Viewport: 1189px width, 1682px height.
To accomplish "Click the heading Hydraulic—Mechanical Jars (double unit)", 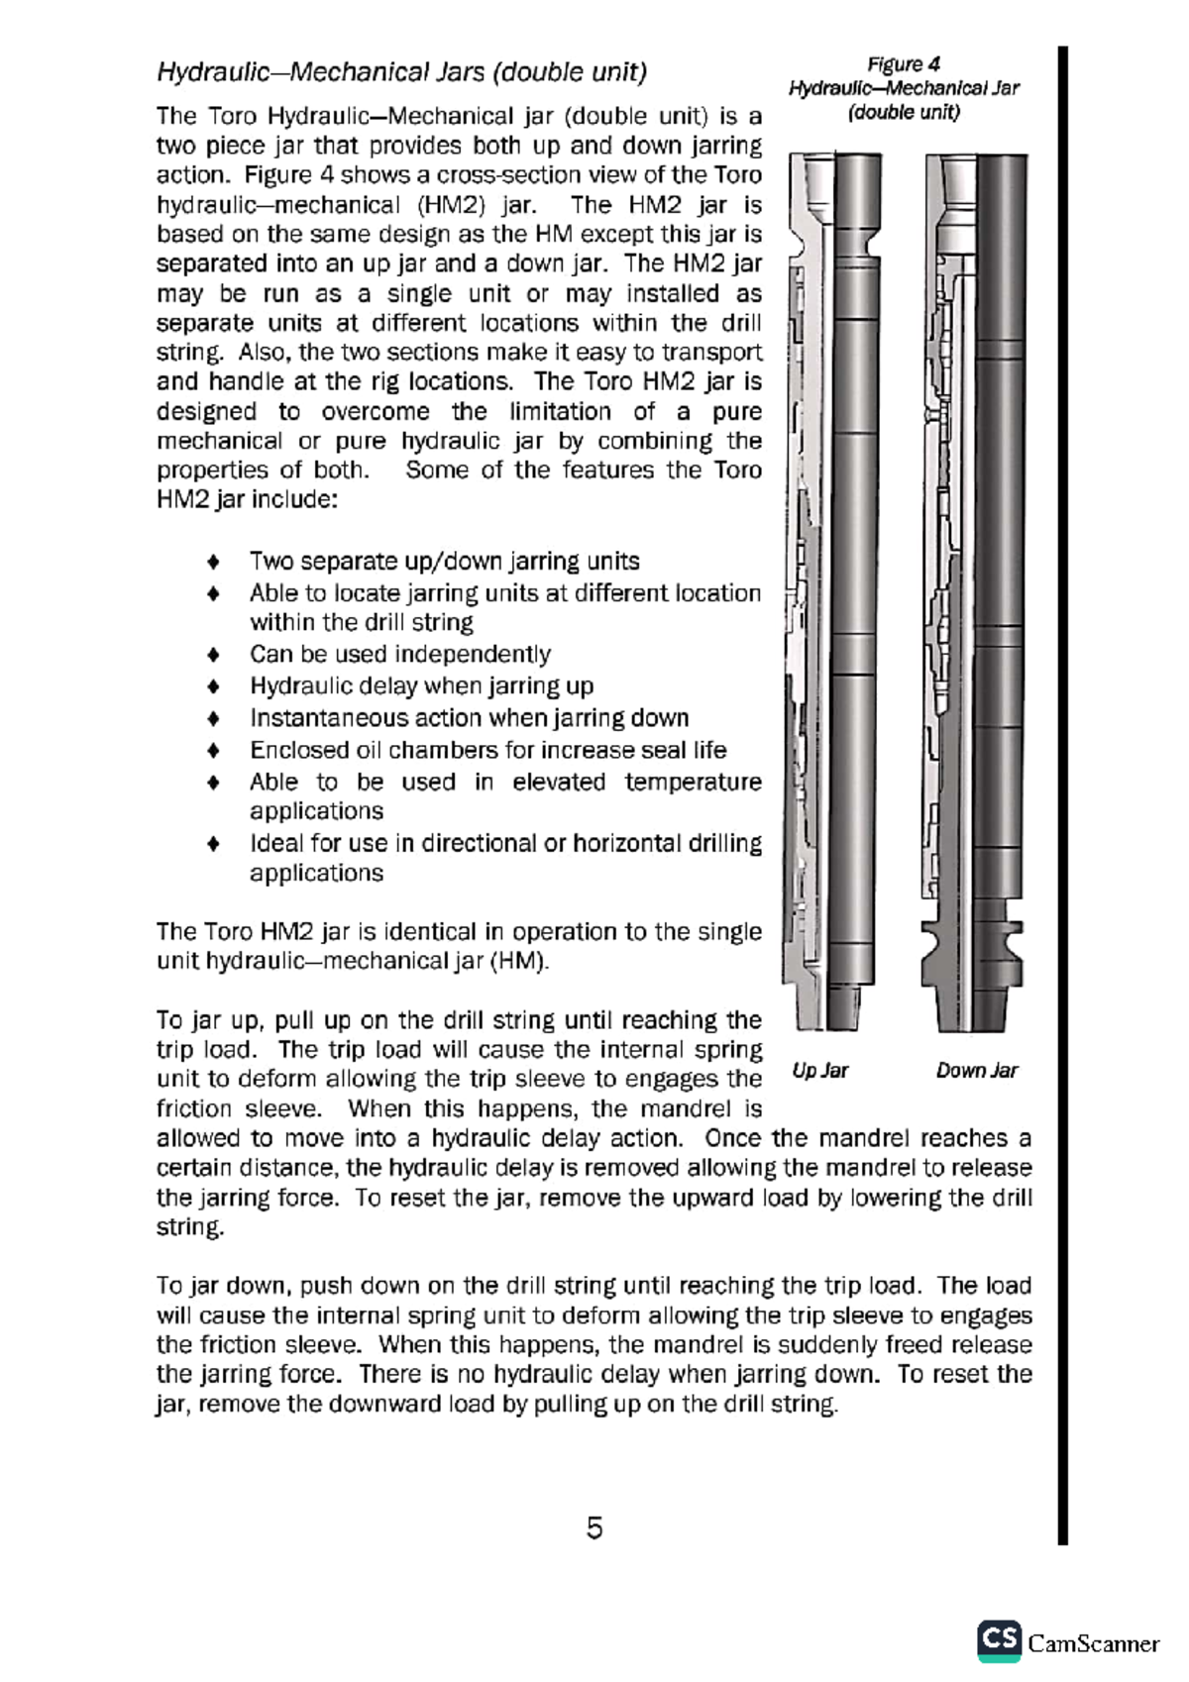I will (401, 72).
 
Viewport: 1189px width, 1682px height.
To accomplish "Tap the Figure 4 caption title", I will (903, 65).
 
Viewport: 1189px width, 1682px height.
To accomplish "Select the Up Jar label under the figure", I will (819, 1071).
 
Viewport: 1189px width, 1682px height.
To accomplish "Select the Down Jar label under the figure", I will (976, 1071).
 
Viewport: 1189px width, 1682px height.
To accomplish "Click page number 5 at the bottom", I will (594, 1528).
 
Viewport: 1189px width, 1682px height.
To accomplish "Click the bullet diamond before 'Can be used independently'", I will (212, 655).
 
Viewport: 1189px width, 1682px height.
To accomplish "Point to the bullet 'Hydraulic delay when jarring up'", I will (421, 686).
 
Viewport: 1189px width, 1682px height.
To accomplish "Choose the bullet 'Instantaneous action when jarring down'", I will (469, 718).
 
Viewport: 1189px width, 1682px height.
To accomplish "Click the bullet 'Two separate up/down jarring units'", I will (444, 562).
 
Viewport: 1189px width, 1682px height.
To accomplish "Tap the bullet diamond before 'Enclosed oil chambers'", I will (212, 751).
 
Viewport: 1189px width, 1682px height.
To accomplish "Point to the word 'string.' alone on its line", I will (190, 1227).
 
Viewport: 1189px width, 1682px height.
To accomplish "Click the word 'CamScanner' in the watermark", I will (1093, 1644).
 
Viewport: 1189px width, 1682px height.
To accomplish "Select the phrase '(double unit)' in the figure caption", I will (903, 112).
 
